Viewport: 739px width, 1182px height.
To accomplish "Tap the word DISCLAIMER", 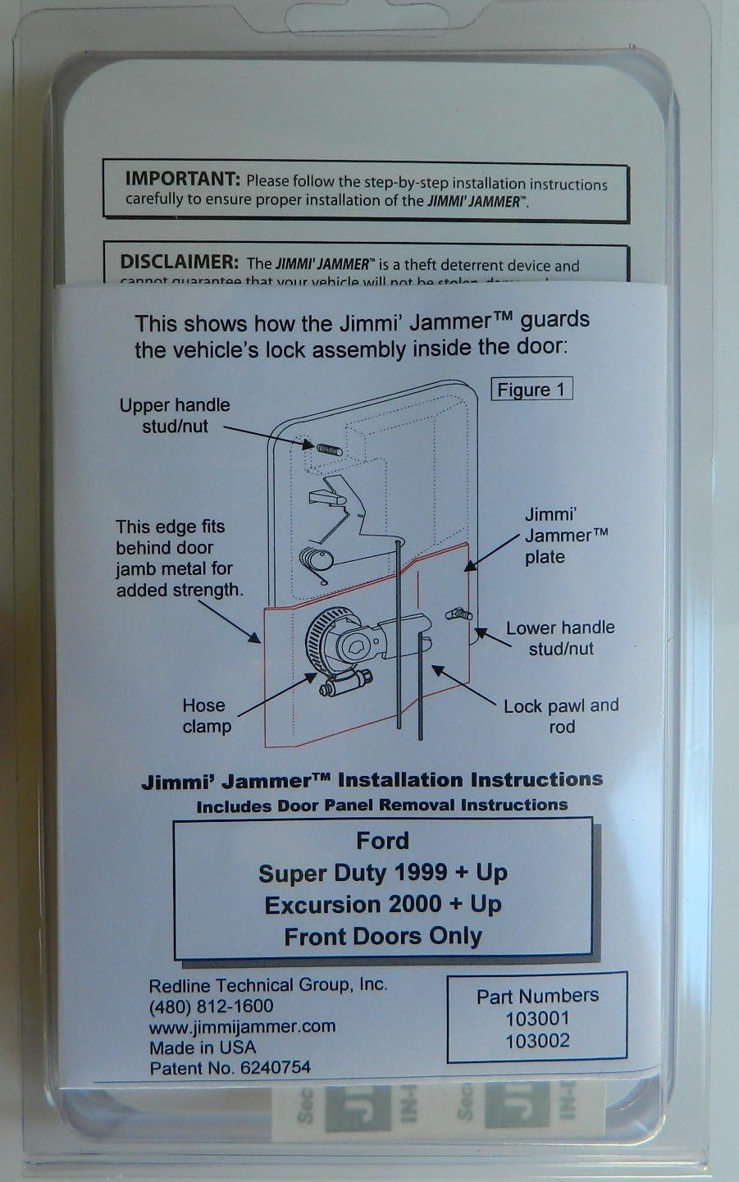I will point(179,263).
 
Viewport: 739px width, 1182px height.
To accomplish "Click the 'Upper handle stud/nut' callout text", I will point(175,415).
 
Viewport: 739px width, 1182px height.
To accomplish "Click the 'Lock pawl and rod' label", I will point(561,715).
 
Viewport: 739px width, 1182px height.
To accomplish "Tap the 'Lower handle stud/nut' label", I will point(560,637).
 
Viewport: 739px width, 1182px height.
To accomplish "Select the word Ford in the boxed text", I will point(382,841).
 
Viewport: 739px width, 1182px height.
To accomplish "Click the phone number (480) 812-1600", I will point(211,1006).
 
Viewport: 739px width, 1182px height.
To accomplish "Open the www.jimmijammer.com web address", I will point(242,1026).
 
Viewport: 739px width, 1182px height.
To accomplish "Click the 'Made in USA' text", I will point(202,1047).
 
